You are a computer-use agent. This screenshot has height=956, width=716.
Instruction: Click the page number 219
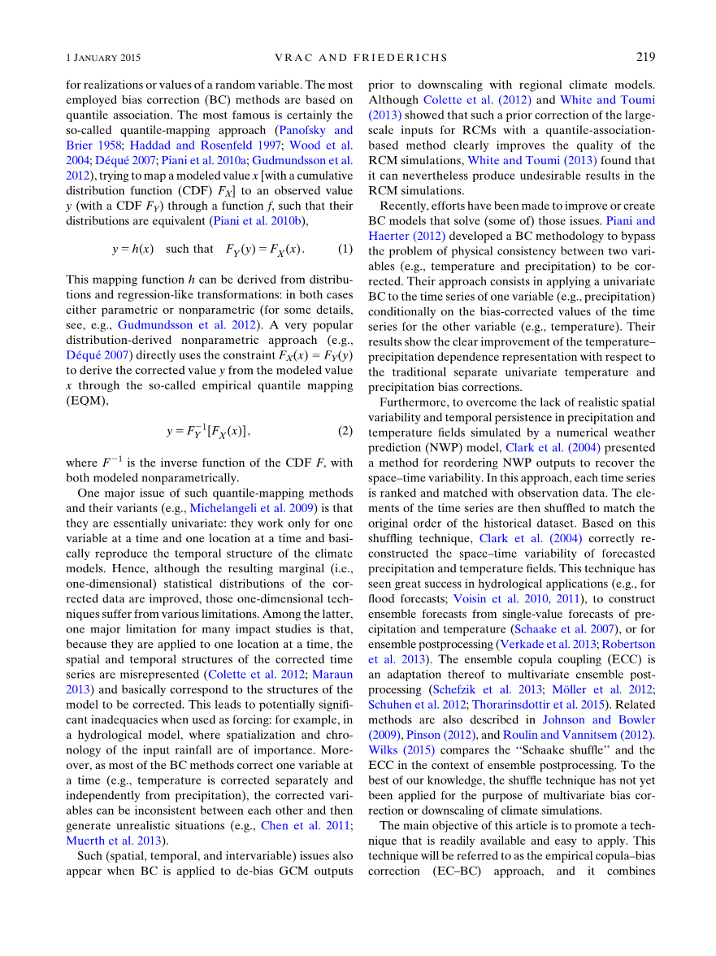coord(645,58)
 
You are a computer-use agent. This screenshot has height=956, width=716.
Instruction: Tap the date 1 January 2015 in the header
coord(103,58)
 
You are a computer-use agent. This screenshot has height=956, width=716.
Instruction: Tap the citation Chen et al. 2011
coord(301,825)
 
